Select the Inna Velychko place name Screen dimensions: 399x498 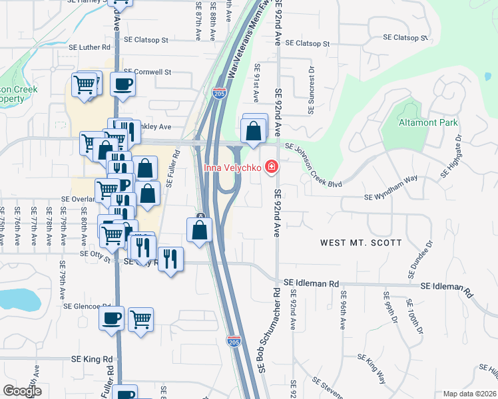click(x=233, y=166)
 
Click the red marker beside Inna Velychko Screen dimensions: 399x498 click(x=271, y=166)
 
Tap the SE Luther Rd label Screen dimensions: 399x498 click(x=89, y=47)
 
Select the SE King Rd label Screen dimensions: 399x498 click(x=93, y=359)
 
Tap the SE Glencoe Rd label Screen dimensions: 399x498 click(x=87, y=306)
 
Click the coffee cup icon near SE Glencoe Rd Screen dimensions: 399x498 click(x=112, y=317)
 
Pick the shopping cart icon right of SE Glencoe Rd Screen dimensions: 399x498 click(x=140, y=320)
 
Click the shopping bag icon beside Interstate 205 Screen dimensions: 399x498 click(x=200, y=231)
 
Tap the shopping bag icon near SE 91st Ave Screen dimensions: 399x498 click(x=254, y=131)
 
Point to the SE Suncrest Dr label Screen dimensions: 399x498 click(x=310, y=90)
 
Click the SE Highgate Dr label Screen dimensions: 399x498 click(x=451, y=160)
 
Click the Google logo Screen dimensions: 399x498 click(x=22, y=391)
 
